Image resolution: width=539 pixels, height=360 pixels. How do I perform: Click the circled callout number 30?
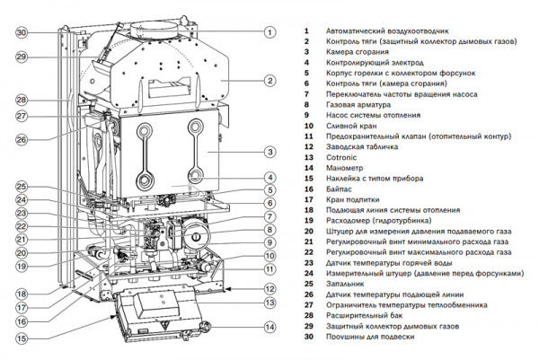[22, 32]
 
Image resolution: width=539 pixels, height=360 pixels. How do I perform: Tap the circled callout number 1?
[269, 31]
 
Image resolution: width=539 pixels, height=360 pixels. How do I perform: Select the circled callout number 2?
[269, 80]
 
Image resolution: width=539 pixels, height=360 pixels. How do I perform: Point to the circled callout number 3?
[269, 154]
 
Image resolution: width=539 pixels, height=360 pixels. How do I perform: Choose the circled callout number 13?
[269, 303]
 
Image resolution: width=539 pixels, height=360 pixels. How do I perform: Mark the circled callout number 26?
[22, 138]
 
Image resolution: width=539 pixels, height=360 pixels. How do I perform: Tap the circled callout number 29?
[22, 57]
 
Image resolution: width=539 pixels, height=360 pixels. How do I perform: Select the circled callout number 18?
[22, 294]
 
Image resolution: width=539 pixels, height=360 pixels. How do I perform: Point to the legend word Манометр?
[346, 168]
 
